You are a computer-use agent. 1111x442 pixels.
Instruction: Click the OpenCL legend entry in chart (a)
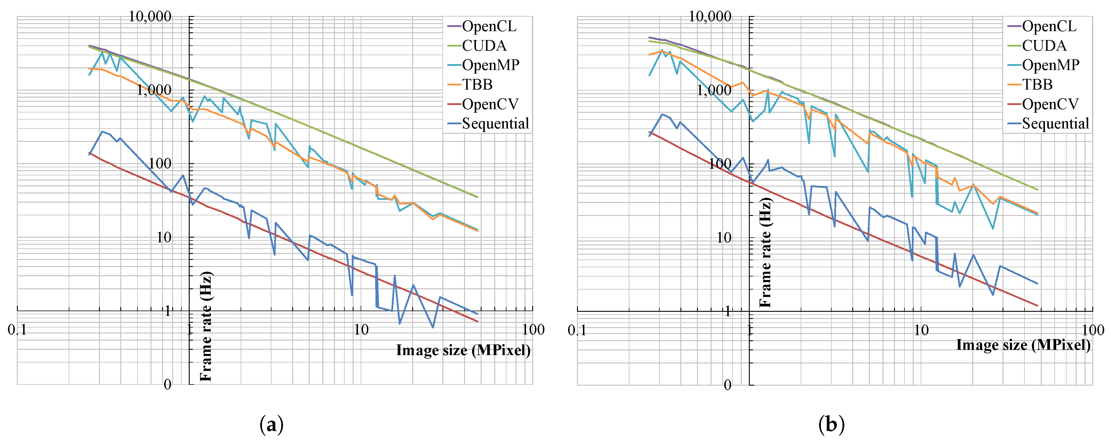click(489, 26)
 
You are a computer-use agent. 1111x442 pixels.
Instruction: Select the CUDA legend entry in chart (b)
click(1044, 46)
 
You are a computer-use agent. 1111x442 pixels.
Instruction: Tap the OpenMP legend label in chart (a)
click(490, 65)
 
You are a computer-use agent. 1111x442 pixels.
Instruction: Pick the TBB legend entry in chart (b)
click(1037, 85)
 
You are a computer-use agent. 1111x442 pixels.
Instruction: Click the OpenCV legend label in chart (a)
click(490, 104)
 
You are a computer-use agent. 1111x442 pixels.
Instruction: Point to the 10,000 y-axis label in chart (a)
click(150, 16)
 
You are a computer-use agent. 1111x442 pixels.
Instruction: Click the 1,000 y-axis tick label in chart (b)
click(714, 90)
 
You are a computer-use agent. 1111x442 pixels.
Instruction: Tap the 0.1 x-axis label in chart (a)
click(17, 330)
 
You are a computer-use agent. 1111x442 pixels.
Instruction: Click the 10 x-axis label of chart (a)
click(361, 330)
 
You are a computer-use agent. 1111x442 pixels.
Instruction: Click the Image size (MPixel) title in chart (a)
click(463, 350)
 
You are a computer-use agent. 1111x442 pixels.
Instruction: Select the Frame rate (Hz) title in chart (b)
click(765, 252)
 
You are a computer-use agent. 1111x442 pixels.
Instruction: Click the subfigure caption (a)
click(271, 425)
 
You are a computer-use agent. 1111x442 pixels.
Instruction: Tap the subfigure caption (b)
click(831, 425)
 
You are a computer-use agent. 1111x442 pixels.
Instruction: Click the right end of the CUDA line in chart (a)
click(477, 197)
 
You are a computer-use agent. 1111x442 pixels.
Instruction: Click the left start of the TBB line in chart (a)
click(89, 69)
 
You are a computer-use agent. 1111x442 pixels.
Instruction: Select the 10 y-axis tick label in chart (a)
click(164, 237)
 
